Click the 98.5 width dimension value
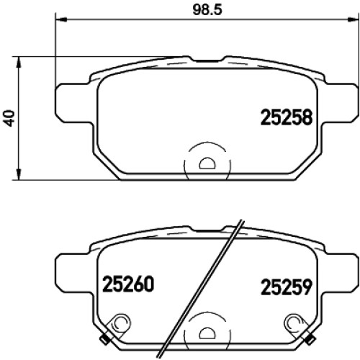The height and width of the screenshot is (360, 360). click(x=207, y=10)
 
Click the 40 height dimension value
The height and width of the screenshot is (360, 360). click(x=10, y=118)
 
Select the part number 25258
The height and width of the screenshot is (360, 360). click(x=287, y=117)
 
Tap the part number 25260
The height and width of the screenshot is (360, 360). click(x=128, y=284)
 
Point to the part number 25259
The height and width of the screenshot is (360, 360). click(x=287, y=287)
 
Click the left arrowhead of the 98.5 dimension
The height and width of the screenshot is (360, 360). click(x=60, y=19)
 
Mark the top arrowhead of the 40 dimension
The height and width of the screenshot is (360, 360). click(x=19, y=63)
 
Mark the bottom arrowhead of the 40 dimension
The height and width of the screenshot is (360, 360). click(x=19, y=174)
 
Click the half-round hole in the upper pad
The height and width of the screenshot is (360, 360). click(x=207, y=163)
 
